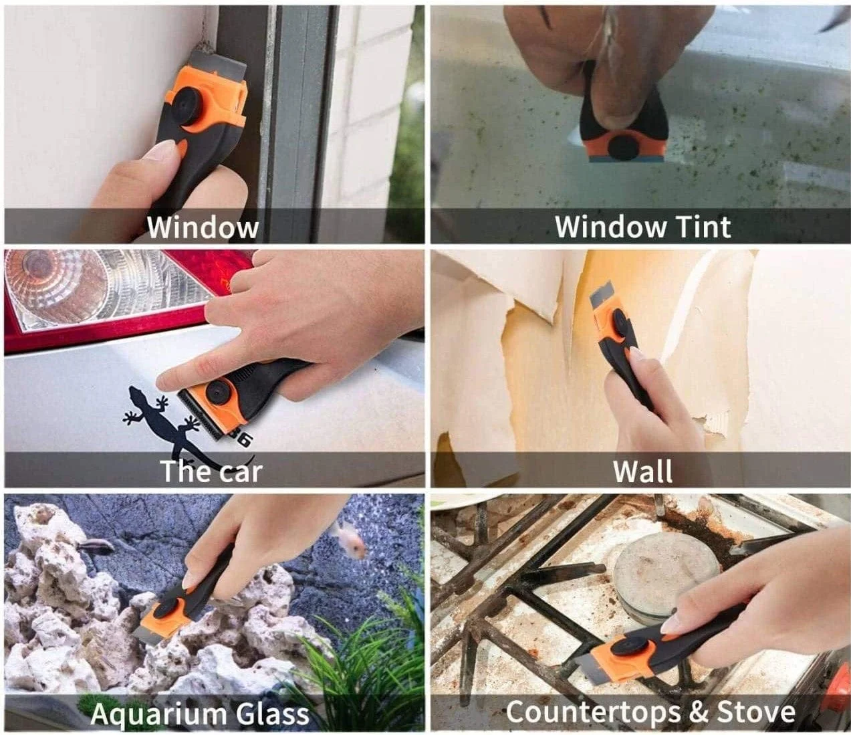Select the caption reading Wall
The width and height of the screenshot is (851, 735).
643,471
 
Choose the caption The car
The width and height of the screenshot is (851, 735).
211,471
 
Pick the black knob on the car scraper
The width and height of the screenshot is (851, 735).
218,391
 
